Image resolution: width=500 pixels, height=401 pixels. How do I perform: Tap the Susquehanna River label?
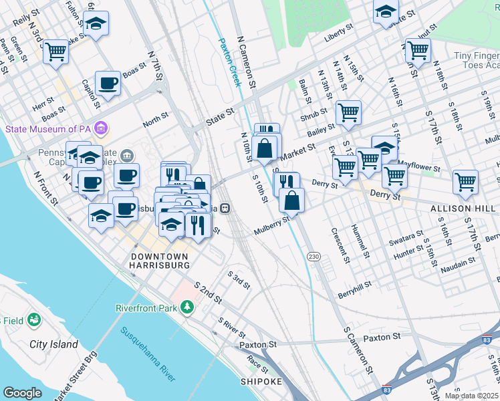pos(148,354)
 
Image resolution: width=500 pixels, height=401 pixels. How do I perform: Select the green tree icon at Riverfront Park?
pos(189,307)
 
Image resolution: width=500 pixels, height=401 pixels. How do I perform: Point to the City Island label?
pos(53,344)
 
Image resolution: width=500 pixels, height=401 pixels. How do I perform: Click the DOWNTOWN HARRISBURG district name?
pos(160,261)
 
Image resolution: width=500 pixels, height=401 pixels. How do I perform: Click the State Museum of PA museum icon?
pos(101,127)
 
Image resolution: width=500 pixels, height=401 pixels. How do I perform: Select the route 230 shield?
pos(313,257)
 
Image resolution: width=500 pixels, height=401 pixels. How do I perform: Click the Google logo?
pos(22,393)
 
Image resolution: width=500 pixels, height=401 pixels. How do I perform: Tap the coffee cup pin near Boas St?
pos(108,84)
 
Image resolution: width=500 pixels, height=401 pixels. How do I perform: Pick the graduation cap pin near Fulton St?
pos(97,24)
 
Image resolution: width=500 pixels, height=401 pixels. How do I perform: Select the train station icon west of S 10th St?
pos(226,208)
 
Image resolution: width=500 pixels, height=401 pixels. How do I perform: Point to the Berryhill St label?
pos(354,289)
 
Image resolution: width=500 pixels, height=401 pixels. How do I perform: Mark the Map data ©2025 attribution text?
pos(471,396)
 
